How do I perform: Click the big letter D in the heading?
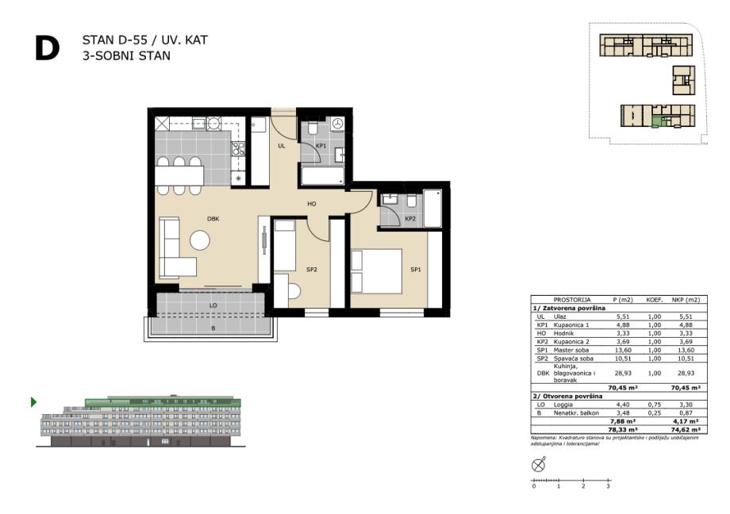47,48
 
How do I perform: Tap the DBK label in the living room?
213,219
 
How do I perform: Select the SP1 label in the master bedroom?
416,270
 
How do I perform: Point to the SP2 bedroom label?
312,270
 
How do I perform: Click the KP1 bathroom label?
321,146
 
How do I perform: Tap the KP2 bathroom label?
410,219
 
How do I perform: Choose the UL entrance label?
281,146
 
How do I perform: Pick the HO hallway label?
312,204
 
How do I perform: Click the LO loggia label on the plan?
213,305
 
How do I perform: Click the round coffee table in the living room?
200,240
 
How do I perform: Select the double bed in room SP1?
377,271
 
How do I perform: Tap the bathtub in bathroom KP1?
323,176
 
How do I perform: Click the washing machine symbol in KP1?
338,124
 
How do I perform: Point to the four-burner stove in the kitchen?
238,149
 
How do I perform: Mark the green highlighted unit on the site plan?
656,122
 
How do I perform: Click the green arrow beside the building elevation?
33,402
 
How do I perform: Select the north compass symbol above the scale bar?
538,465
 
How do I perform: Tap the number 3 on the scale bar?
608,486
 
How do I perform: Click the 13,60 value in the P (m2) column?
622,350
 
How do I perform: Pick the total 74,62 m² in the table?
686,430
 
